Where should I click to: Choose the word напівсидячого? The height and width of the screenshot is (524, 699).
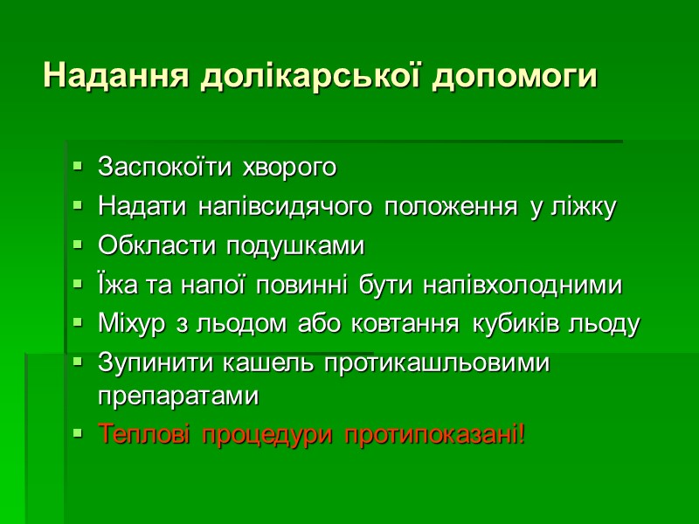click(x=283, y=208)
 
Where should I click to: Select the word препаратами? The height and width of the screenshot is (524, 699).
click(x=179, y=396)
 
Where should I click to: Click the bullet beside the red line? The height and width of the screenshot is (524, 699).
click(x=79, y=432)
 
